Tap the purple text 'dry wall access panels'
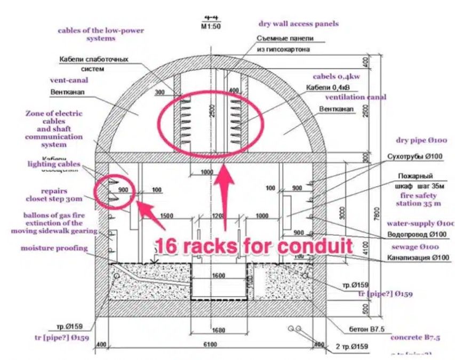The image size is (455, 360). tap(298, 23)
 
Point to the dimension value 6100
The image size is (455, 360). tap(211, 345)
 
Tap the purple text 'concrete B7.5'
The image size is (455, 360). tap(415, 338)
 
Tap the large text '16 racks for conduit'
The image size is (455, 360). tap(253, 246)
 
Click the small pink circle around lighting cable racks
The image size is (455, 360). tap(114, 191)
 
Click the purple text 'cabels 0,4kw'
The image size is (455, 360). tap(336, 76)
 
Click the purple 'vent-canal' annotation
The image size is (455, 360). tap(69, 80)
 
